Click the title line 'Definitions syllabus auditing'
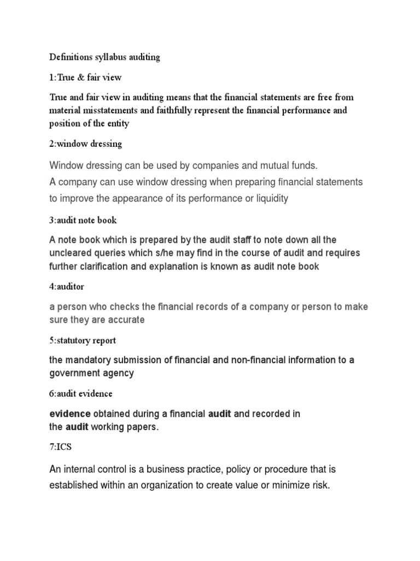click(x=104, y=58)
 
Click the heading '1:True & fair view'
click(x=85, y=77)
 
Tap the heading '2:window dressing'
click(x=85, y=144)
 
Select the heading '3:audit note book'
click(x=83, y=220)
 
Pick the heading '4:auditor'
click(x=67, y=287)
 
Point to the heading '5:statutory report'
click(x=83, y=340)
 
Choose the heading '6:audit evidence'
click(x=81, y=394)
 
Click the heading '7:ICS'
click(x=60, y=447)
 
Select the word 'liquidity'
click(x=269, y=198)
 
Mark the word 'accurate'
click(x=127, y=320)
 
